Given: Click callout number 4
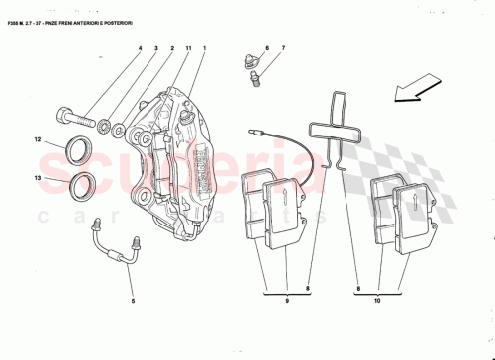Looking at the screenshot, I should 140,48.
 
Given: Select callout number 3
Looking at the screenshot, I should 156,48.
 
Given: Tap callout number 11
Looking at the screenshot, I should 188,48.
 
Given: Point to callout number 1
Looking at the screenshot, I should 204,48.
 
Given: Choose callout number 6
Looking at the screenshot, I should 266,48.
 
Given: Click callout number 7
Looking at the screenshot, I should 282,48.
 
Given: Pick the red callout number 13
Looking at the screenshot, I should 39,178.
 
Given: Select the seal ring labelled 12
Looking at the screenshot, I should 78,148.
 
